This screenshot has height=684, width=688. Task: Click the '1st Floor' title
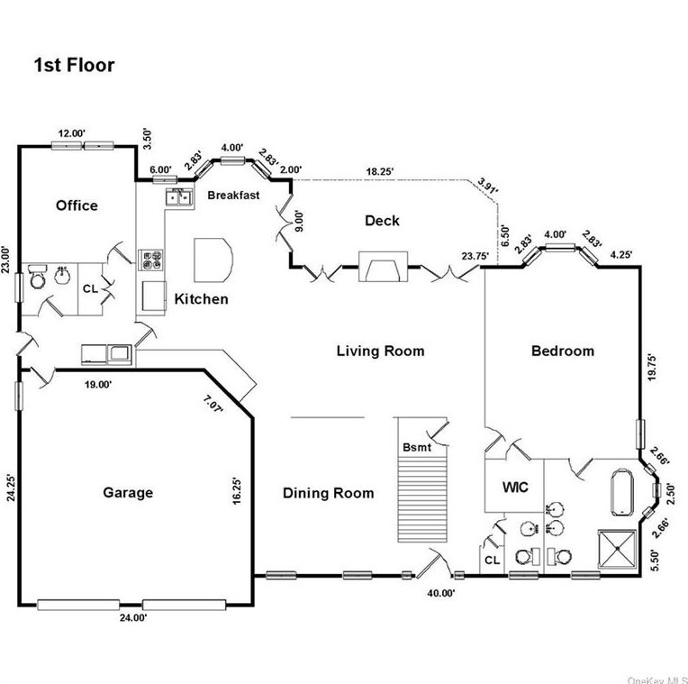74,65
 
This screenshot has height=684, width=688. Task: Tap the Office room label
77,205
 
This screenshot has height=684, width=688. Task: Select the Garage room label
128,492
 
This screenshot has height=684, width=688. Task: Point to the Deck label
382,221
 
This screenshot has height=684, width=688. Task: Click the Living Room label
380,351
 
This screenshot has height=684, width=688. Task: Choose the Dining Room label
328,493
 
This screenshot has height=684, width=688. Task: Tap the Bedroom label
562,351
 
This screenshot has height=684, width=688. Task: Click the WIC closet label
514,488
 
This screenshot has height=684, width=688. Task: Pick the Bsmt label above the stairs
416,448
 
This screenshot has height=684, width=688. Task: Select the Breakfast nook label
233,195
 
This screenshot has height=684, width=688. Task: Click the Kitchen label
201,299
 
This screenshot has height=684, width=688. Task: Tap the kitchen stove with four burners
150,260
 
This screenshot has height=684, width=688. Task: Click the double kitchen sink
177,196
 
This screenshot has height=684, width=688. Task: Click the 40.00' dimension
441,592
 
